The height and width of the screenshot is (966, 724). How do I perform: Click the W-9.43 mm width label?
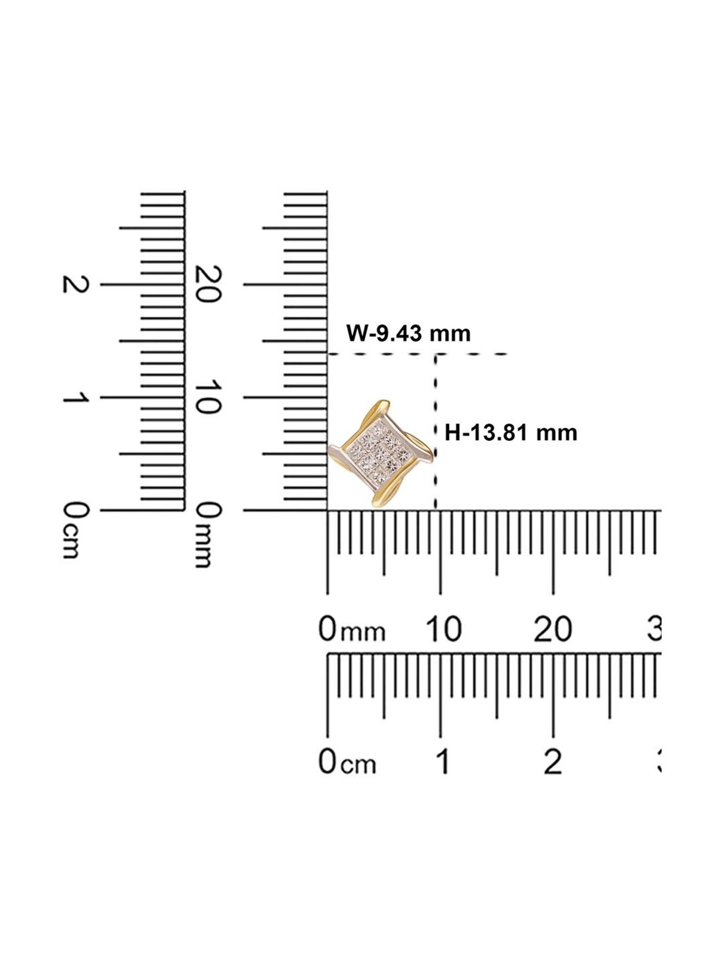408,334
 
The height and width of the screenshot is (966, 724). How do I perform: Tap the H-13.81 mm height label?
511,432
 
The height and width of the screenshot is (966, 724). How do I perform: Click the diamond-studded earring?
380,453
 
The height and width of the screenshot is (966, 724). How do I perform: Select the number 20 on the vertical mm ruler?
208,284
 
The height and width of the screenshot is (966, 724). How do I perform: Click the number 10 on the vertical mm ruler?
208,398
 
